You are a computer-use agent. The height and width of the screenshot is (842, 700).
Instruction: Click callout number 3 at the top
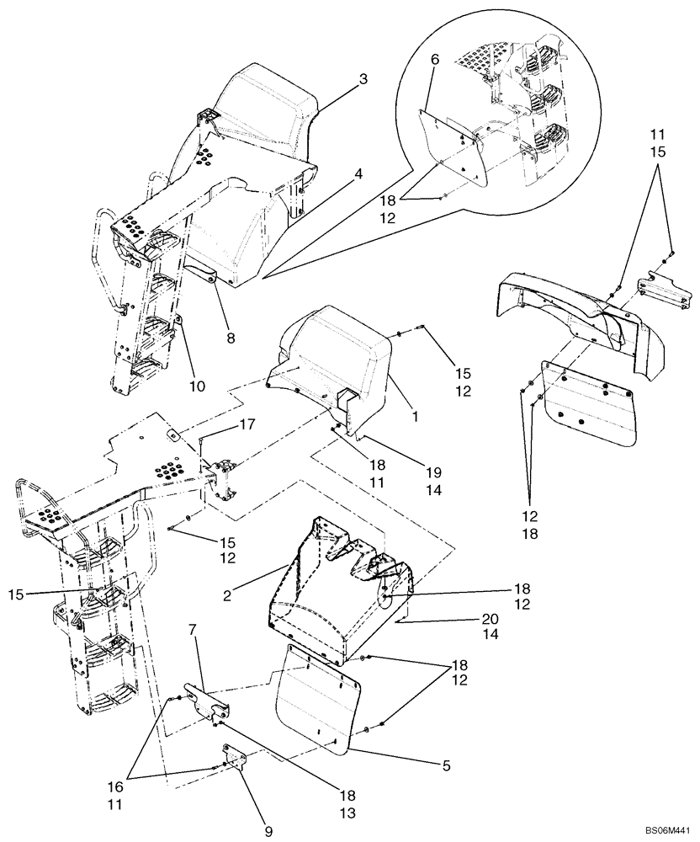pos(363,79)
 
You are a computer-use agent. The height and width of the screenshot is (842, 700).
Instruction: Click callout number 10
pos(197,386)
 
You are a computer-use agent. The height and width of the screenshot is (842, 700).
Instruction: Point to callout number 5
pos(447,766)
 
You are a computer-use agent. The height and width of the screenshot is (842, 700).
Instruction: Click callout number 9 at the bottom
pos(269,832)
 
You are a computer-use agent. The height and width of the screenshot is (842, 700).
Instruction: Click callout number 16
pos(137,787)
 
